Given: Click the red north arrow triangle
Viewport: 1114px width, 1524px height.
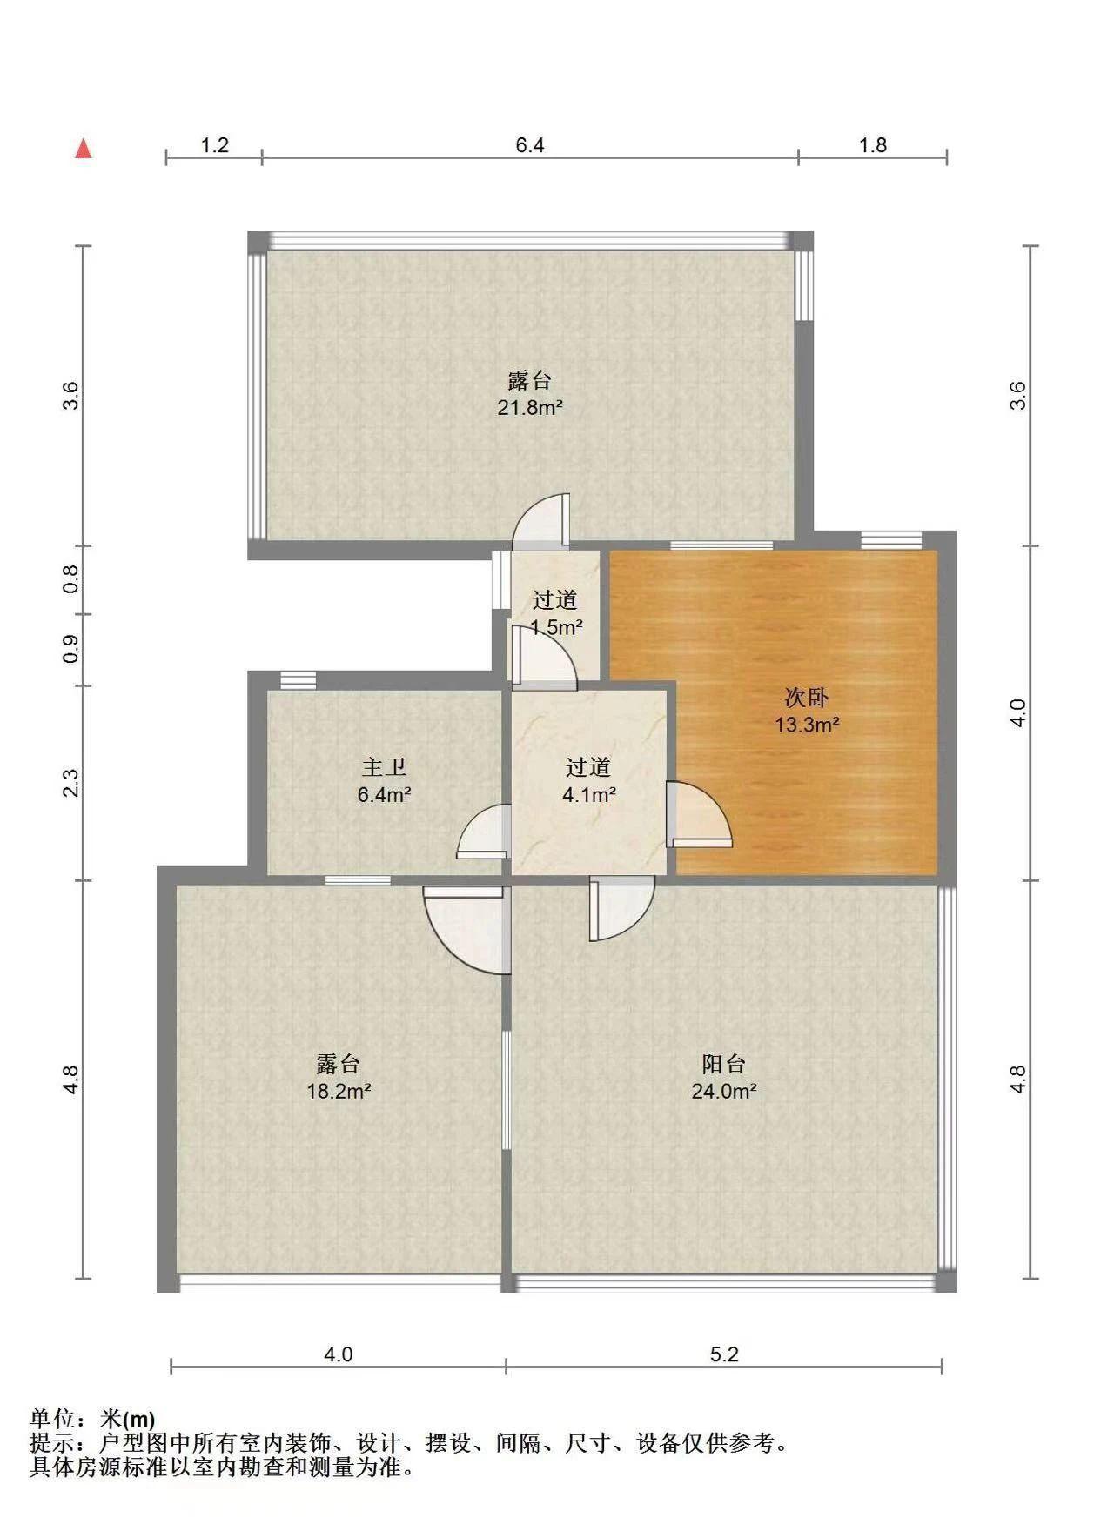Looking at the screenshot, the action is click(x=84, y=149).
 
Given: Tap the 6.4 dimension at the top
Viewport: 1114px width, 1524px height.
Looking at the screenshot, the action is click(x=530, y=145).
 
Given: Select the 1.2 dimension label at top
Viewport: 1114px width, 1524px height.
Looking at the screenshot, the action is click(x=215, y=145).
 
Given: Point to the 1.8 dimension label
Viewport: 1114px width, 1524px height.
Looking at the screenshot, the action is click(x=873, y=145).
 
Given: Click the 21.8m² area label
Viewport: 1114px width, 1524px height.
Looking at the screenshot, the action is click(x=530, y=407).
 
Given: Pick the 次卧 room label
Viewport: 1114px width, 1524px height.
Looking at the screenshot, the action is click(x=807, y=698).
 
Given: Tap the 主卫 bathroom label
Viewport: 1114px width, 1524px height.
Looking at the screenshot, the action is click(x=384, y=767).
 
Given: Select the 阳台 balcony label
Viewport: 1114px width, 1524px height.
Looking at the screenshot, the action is click(x=724, y=1064).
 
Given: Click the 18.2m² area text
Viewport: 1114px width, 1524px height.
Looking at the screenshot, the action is click(x=339, y=1091).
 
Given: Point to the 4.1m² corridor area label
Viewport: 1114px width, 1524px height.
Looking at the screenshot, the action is click(x=589, y=794).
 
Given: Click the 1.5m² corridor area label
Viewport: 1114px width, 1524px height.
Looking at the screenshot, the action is click(x=556, y=626).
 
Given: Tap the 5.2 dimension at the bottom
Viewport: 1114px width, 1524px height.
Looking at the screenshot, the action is click(x=724, y=1354).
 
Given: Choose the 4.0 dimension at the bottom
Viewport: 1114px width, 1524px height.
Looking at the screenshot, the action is click(x=339, y=1354).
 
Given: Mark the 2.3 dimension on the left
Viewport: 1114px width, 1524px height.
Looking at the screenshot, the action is click(x=71, y=783).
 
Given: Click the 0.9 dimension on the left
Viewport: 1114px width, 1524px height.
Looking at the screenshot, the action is click(x=71, y=649).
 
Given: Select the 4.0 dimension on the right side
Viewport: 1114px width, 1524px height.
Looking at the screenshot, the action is click(x=1018, y=713).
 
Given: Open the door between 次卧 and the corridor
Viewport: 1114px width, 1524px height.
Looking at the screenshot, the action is click(x=699, y=813).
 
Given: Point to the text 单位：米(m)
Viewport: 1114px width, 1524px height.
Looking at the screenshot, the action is click(x=93, y=1420).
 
